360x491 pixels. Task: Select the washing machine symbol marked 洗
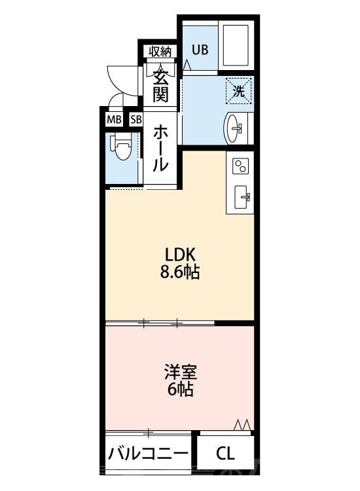coord(239,91)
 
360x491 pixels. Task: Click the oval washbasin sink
coord(236,126)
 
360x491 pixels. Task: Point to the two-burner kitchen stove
coord(241,166)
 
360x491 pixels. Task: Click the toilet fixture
coord(120,147)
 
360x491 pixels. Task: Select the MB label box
coord(114,120)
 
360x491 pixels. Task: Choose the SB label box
coord(135,120)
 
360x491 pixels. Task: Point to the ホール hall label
coord(160,149)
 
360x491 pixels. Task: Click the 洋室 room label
coord(180,373)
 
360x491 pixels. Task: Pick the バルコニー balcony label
coord(149,453)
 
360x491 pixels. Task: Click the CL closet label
coord(225,453)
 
